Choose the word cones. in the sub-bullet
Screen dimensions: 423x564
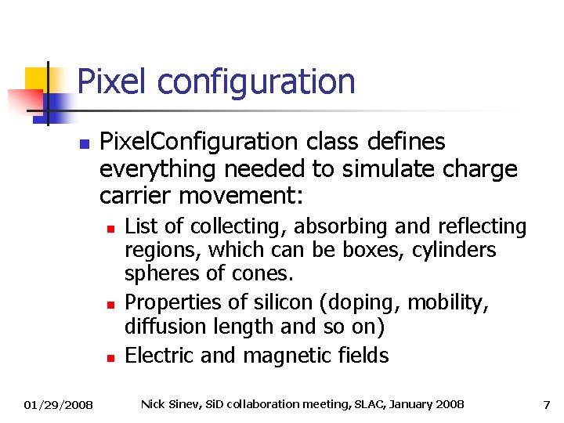point(257,275)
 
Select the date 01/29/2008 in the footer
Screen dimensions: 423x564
point(58,405)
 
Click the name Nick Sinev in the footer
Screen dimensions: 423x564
point(167,404)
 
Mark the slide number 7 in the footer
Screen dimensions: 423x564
point(546,404)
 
